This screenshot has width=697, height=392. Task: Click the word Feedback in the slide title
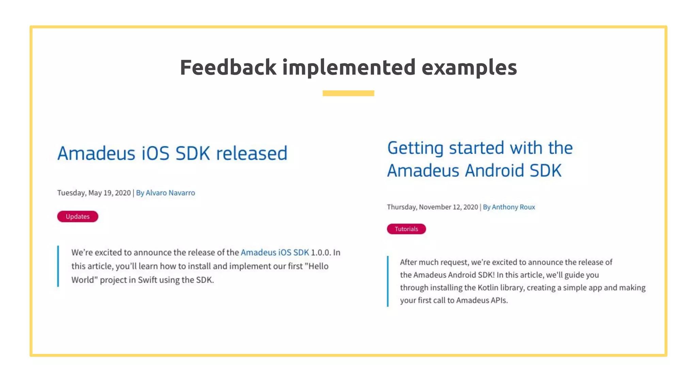click(x=228, y=67)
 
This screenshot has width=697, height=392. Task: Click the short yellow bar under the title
click(x=348, y=93)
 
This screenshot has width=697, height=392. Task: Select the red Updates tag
click(x=78, y=216)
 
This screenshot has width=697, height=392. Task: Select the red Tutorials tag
click(x=406, y=229)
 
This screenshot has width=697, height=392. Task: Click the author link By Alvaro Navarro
click(x=165, y=193)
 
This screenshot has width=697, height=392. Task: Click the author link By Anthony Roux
click(x=509, y=207)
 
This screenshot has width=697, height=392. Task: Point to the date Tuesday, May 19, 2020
click(x=94, y=193)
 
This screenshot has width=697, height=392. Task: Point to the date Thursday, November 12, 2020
click(x=432, y=207)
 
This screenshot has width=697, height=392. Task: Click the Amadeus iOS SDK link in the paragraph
click(x=275, y=252)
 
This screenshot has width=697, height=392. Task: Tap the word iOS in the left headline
click(x=155, y=153)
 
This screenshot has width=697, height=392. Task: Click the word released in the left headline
click(x=252, y=153)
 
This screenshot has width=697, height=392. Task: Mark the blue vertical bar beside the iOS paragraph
click(x=58, y=266)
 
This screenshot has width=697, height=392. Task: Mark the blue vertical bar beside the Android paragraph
click(x=388, y=281)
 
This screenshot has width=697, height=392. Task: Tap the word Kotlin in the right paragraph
click(x=488, y=288)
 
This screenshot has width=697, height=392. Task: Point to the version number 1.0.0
click(x=321, y=252)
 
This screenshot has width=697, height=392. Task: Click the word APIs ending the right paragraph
click(x=499, y=300)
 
